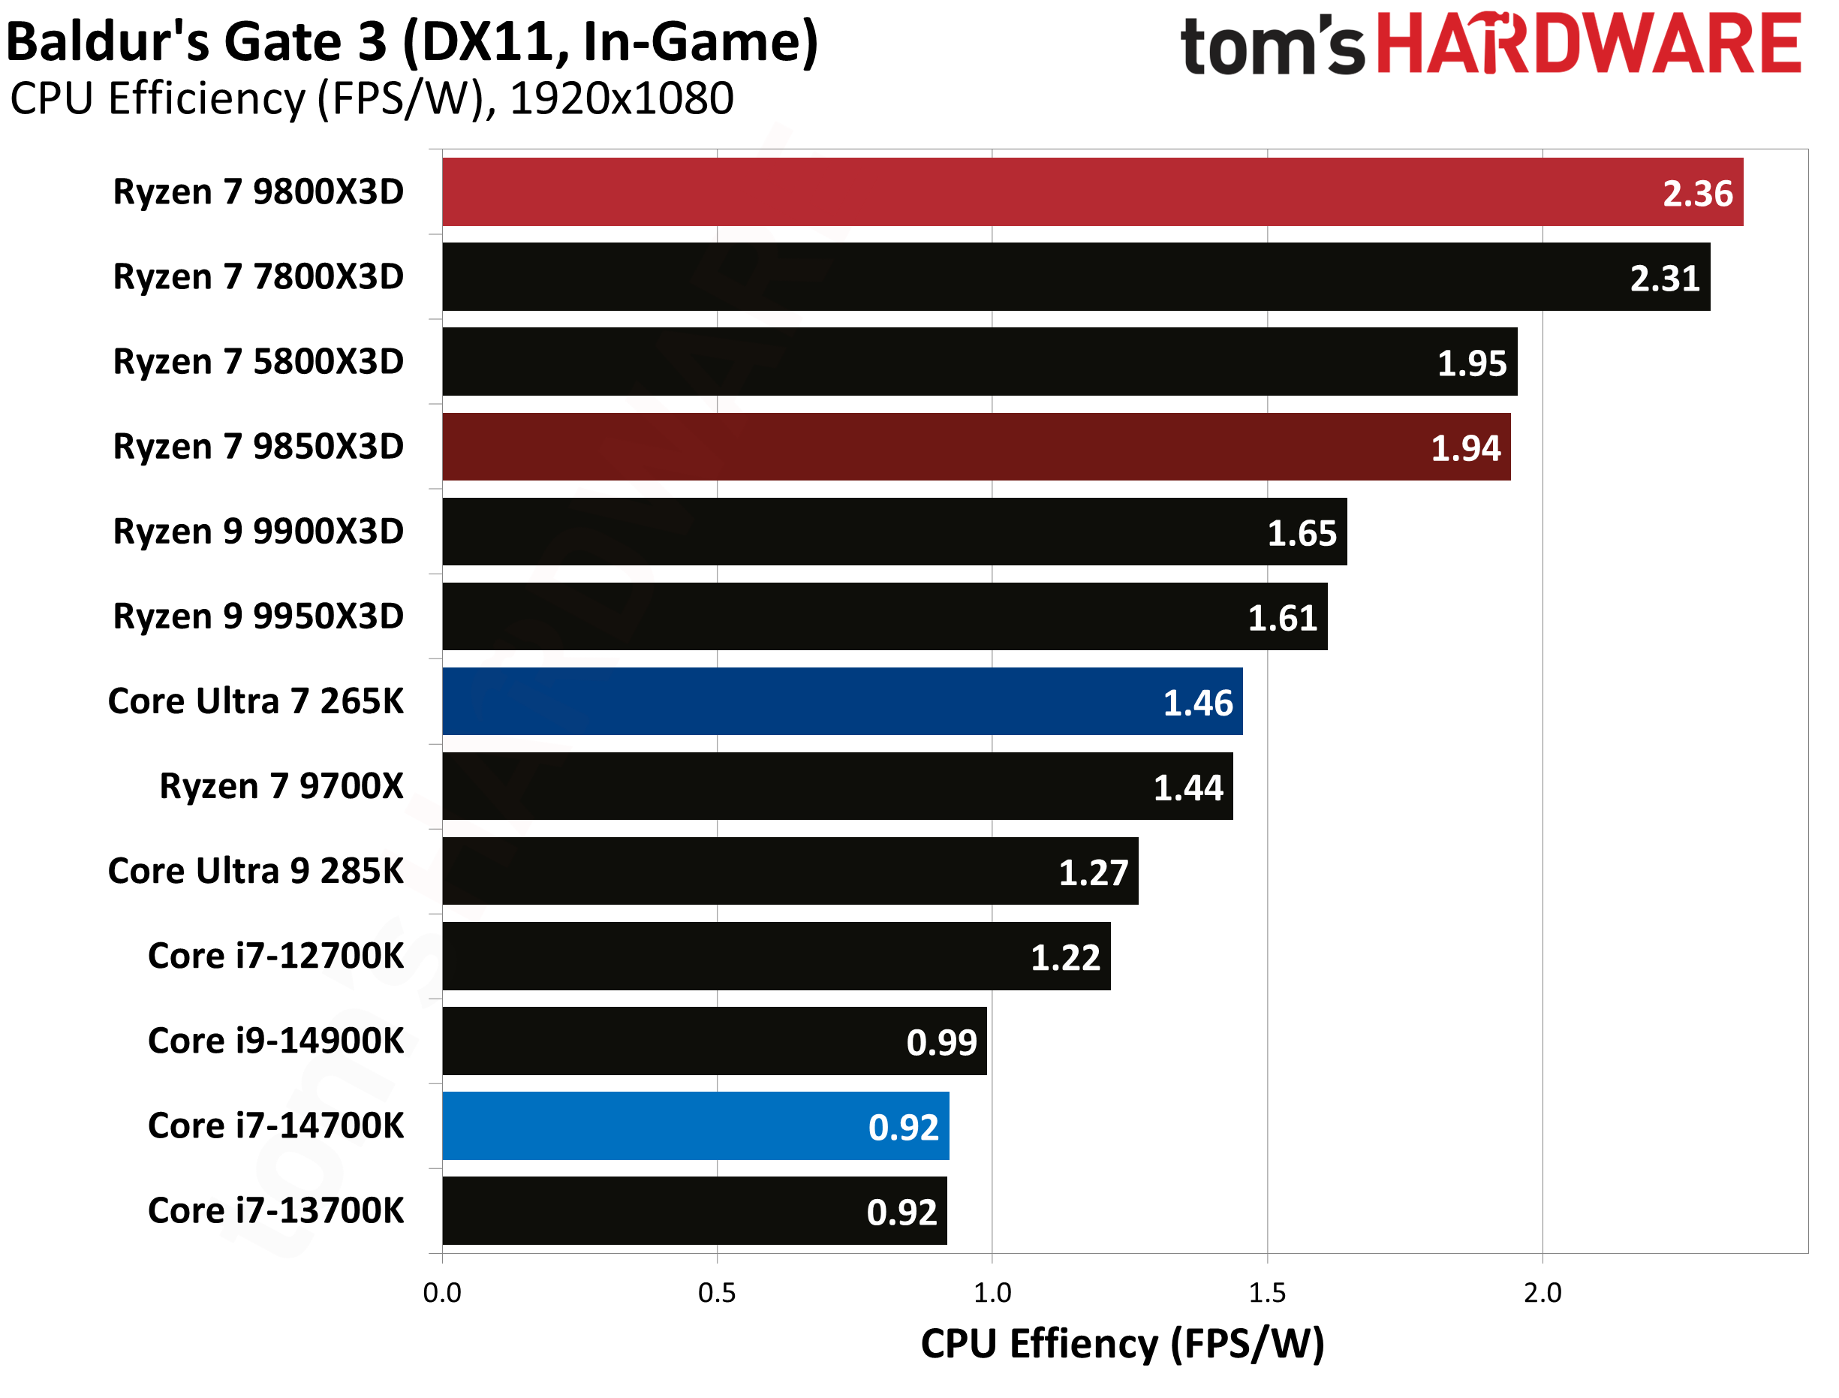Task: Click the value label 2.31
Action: (1664, 279)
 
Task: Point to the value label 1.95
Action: (1471, 363)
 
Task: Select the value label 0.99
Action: (941, 1043)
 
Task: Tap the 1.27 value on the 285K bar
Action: (1093, 873)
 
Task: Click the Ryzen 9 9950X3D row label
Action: (258, 616)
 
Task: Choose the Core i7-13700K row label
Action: (275, 1211)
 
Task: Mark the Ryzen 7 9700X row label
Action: (281, 786)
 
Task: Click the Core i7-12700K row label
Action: (275, 956)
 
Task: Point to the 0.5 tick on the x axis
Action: (717, 1293)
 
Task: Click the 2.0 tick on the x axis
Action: (1542, 1293)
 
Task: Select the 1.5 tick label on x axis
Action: (1267, 1293)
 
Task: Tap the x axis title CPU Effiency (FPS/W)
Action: (1122, 1345)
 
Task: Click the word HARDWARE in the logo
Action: (1588, 45)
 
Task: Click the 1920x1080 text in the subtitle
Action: (622, 99)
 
